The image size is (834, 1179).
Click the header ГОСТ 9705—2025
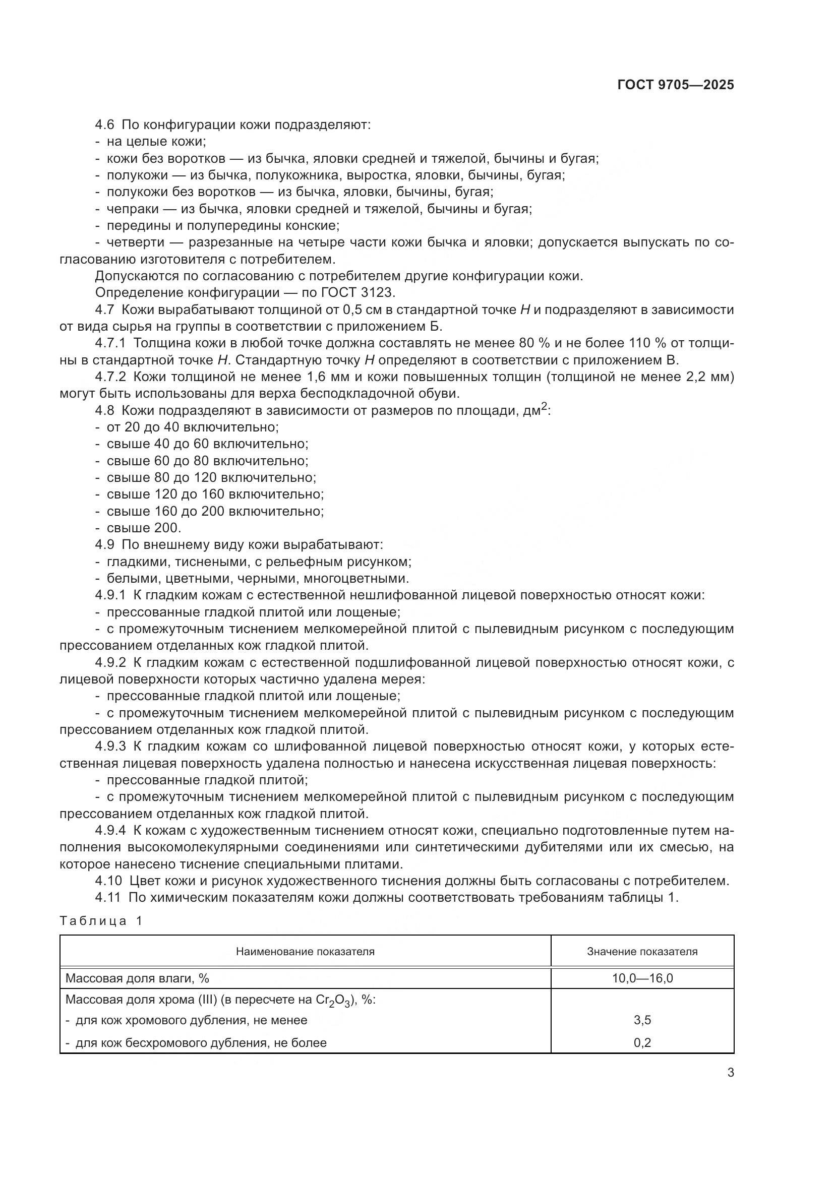675,85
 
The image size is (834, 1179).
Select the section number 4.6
105,125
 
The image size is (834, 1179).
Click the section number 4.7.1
110,344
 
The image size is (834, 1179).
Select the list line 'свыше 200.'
144,528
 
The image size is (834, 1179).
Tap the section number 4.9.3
110,747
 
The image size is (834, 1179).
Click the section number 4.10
108,881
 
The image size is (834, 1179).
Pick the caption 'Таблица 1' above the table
101,921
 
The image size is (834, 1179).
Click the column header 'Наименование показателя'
305,952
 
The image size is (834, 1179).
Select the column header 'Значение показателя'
642,952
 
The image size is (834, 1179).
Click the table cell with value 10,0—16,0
642,978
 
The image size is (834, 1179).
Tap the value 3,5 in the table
642,1020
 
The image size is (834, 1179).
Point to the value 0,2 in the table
642,1043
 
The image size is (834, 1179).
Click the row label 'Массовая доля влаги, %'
137,978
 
